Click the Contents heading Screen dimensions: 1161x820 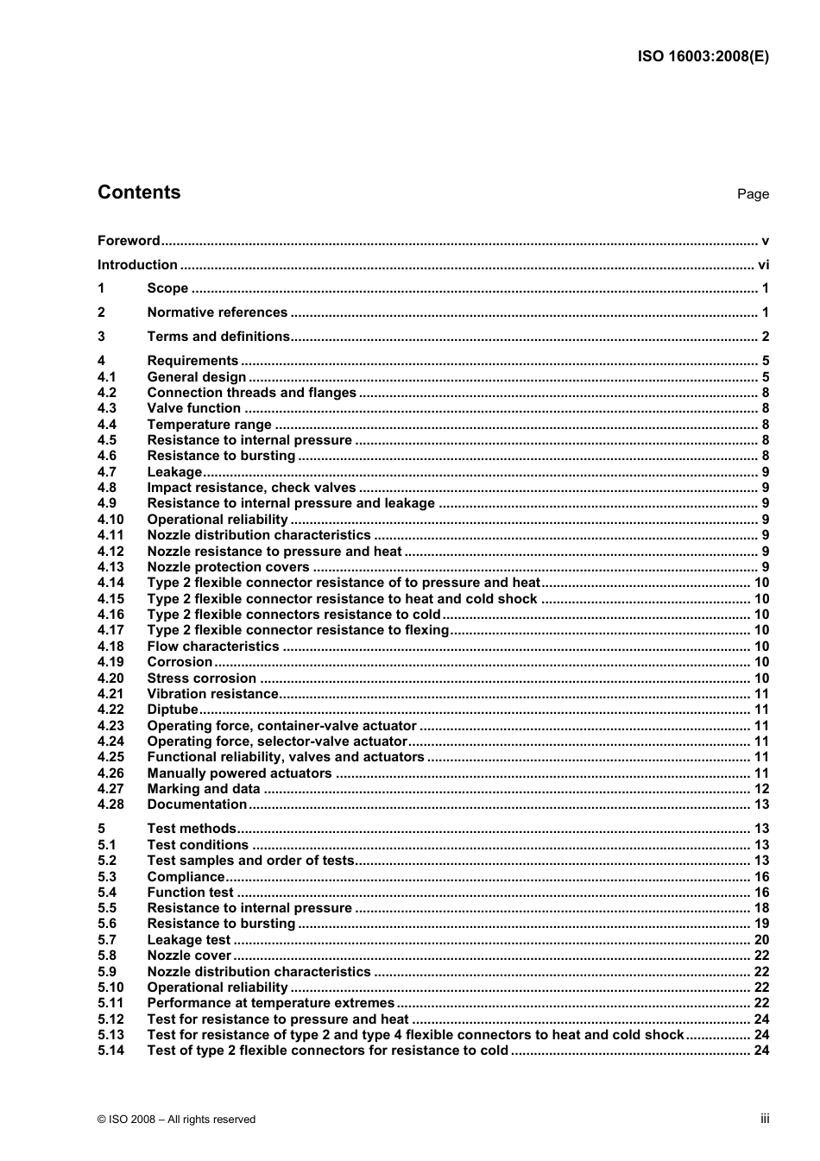pyautogui.click(x=139, y=192)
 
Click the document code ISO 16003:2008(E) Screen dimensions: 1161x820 pyautogui.click(x=703, y=57)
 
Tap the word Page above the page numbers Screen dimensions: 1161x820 pyautogui.click(x=753, y=194)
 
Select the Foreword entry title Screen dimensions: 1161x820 pyautogui.click(x=129, y=241)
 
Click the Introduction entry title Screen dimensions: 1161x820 pyautogui.click(x=137, y=265)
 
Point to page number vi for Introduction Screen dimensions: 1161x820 pyautogui.click(x=763, y=265)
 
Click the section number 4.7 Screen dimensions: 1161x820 pyautogui.click(x=107, y=472)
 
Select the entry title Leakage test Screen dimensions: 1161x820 pyautogui.click(x=189, y=940)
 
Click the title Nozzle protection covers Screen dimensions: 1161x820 pyautogui.click(x=228, y=567)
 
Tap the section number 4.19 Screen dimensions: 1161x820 pyautogui.click(x=110, y=662)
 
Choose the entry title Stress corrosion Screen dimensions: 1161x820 pyautogui.click(x=201, y=678)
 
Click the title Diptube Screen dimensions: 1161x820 pyautogui.click(x=173, y=710)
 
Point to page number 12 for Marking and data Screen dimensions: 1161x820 pyautogui.click(x=761, y=789)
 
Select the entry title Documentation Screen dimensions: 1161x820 pyautogui.click(x=197, y=804)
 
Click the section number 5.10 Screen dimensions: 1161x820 pyautogui.click(x=110, y=987)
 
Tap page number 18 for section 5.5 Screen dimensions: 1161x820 pyautogui.click(x=761, y=908)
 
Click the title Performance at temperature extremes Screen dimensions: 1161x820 pyautogui.click(x=271, y=1003)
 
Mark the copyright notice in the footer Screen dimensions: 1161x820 pyautogui.click(x=177, y=1120)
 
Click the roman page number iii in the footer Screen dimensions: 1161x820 pyautogui.click(x=765, y=1119)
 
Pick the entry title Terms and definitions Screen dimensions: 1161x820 pyautogui.click(x=218, y=337)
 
